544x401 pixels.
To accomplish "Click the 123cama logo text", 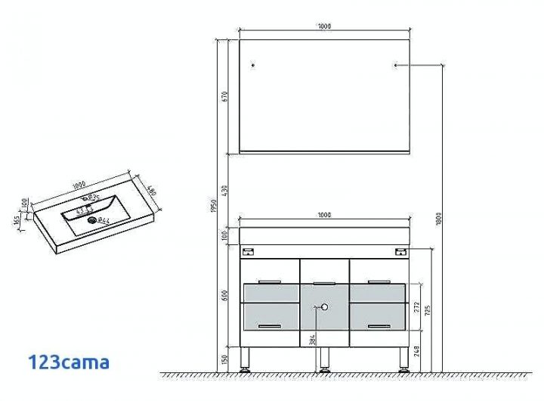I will tap(68, 362).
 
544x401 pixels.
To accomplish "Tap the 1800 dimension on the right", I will tap(439, 219).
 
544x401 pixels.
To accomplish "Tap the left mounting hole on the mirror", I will tap(253, 66).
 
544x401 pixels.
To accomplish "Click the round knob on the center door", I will tap(324, 307).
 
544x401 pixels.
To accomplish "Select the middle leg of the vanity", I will tap(324, 359).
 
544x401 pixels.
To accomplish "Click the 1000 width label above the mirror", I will tap(324, 26).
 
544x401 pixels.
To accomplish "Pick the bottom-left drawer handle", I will tap(270, 325).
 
